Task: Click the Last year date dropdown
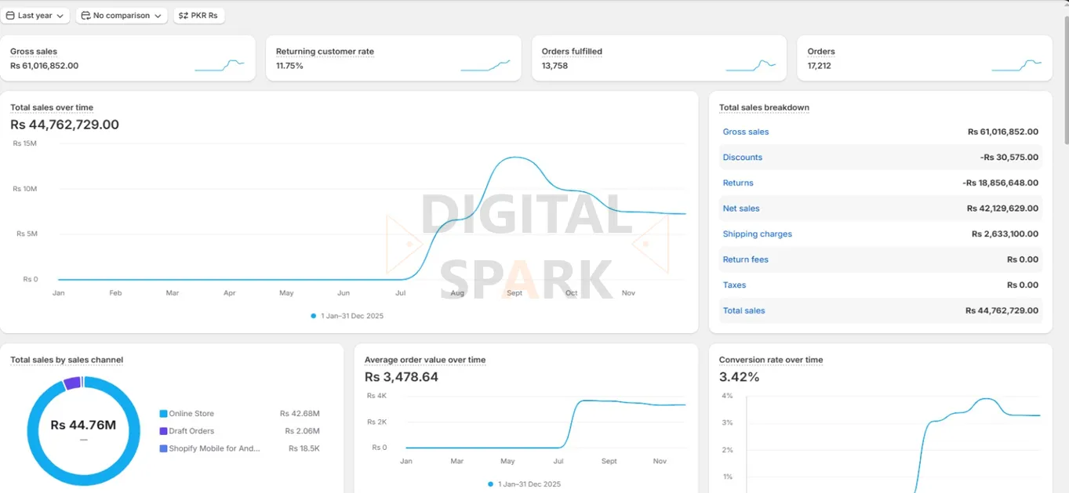[x=35, y=16]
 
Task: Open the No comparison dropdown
[x=122, y=16]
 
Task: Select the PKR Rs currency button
[x=198, y=16]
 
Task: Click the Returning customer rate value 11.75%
[x=289, y=66]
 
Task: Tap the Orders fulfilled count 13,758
[x=554, y=66]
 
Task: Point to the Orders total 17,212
[x=819, y=66]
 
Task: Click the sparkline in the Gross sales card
[x=220, y=65]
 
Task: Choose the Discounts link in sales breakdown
[x=742, y=158]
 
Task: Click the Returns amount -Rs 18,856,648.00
[x=1000, y=183]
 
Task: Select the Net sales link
[x=741, y=208]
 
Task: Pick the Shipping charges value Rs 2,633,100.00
[x=1005, y=234]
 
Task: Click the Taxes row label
[x=734, y=285]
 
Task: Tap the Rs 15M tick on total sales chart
[x=25, y=143]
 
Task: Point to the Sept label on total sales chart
[x=515, y=293]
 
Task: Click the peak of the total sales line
[x=514, y=158]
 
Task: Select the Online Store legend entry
[x=191, y=414]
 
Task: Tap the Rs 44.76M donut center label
[x=83, y=426]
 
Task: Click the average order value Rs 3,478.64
[x=401, y=377]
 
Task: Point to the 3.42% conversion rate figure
[x=739, y=377]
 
